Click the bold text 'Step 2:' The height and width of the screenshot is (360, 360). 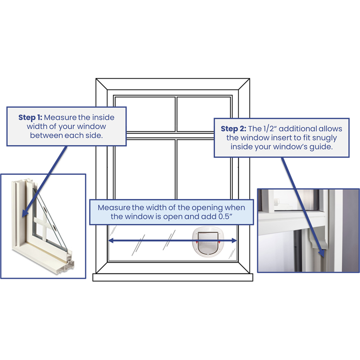tap(233, 129)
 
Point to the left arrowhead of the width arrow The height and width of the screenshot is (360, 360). tap(111, 241)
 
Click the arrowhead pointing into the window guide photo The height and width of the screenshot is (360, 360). tap(322, 253)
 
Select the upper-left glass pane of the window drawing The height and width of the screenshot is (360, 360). tap(145, 114)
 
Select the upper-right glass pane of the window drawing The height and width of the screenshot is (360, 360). tap(203, 114)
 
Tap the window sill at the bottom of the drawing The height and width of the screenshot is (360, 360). tap(172, 277)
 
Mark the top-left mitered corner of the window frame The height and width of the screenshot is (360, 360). tap(101, 84)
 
